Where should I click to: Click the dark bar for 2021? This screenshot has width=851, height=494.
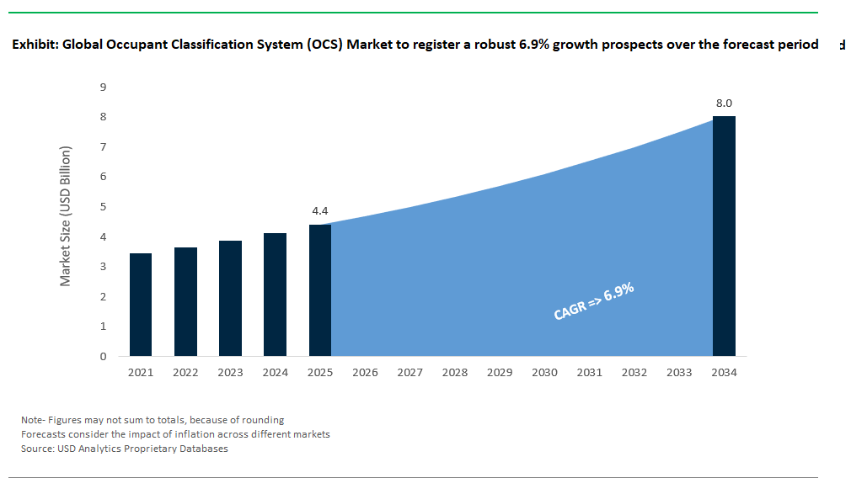click(x=141, y=305)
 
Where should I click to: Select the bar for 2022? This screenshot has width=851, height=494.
click(x=185, y=301)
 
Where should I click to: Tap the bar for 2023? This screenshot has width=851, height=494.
click(x=230, y=298)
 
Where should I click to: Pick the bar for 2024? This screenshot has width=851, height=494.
click(x=276, y=295)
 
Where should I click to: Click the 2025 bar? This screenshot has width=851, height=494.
click(x=320, y=290)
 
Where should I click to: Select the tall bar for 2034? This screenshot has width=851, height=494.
click(x=724, y=236)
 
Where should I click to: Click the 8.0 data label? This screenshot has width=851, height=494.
click(x=724, y=104)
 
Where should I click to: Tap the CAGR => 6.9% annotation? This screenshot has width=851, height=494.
click(x=593, y=302)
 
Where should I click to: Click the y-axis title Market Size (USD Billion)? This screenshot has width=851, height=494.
click(x=66, y=216)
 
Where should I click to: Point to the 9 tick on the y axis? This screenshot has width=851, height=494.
click(x=103, y=87)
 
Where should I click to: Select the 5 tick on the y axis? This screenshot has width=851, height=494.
click(x=103, y=207)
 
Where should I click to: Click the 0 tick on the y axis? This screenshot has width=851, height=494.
click(x=103, y=356)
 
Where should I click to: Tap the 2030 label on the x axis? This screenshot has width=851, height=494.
click(x=544, y=372)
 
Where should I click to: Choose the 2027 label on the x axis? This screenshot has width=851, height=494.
click(x=409, y=372)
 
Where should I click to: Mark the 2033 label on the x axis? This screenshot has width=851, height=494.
click(x=679, y=372)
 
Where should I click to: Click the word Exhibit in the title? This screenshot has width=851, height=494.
click(x=33, y=45)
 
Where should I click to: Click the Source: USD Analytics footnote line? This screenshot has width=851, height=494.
click(x=125, y=449)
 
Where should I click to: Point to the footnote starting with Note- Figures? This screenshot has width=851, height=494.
click(x=153, y=420)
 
